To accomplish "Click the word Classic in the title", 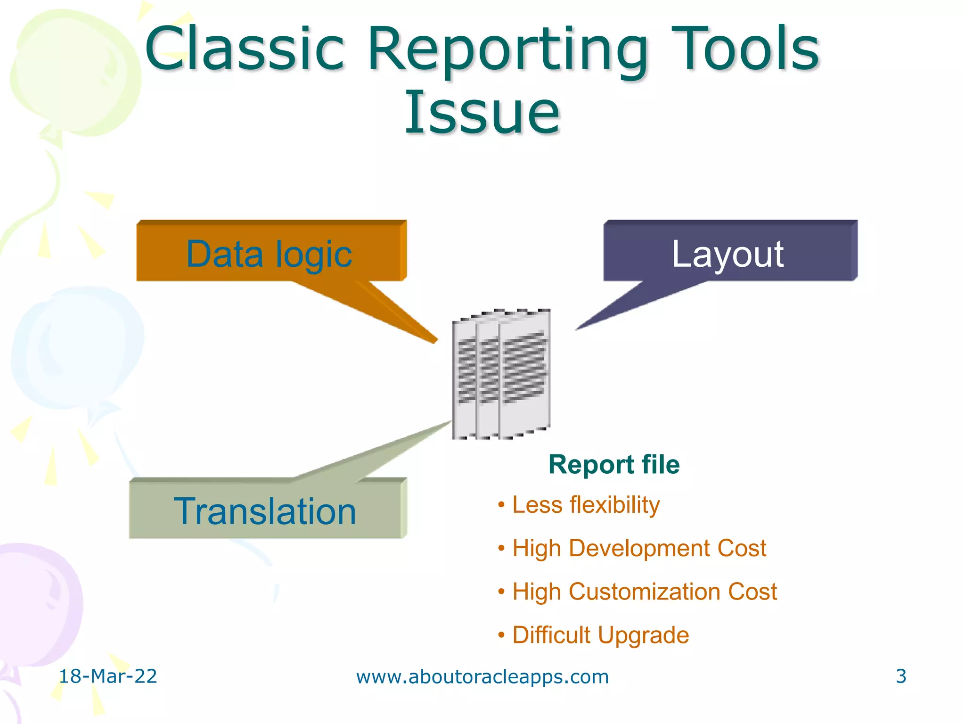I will tap(245, 49).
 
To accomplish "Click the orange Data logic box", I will tap(271, 252).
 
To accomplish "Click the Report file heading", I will tap(614, 464).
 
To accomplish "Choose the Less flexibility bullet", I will tap(586, 505).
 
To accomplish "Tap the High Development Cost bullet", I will tap(639, 548).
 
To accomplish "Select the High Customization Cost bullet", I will tap(644, 592).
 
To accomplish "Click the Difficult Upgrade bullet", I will tap(600, 635).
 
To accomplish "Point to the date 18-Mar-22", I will tap(107, 676).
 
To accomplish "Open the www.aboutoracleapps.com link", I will tap(482, 677).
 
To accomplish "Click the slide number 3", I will tap(900, 676).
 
